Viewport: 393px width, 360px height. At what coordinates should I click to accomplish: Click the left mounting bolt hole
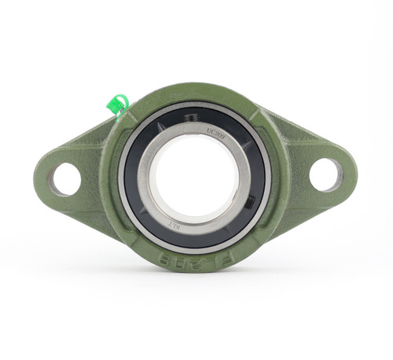tap(65, 179)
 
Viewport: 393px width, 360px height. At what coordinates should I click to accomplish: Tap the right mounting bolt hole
tap(325, 174)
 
